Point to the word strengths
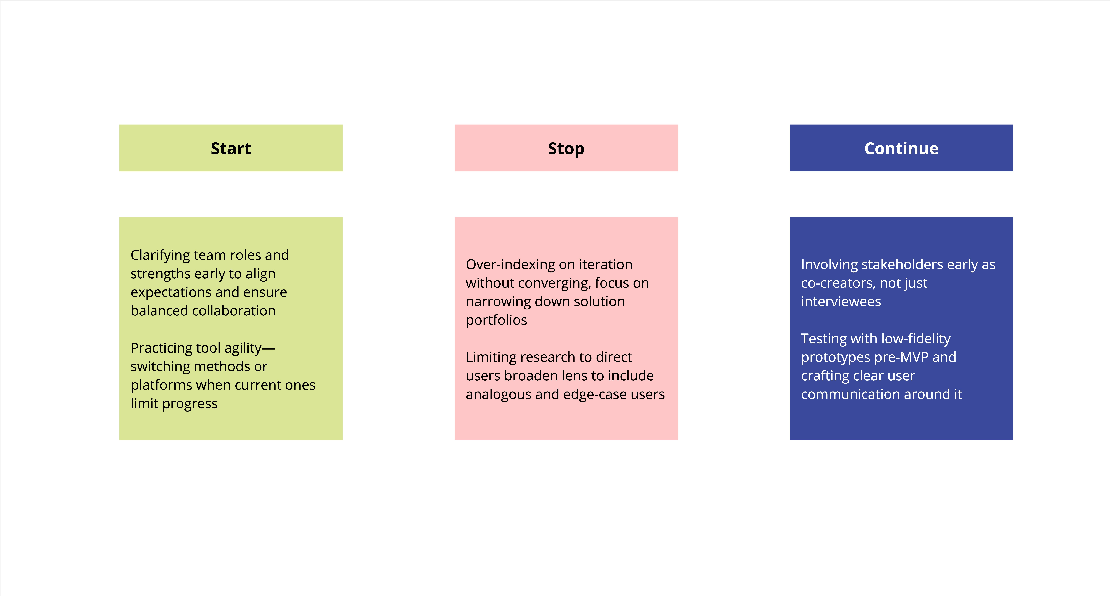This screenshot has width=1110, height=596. point(160,274)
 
